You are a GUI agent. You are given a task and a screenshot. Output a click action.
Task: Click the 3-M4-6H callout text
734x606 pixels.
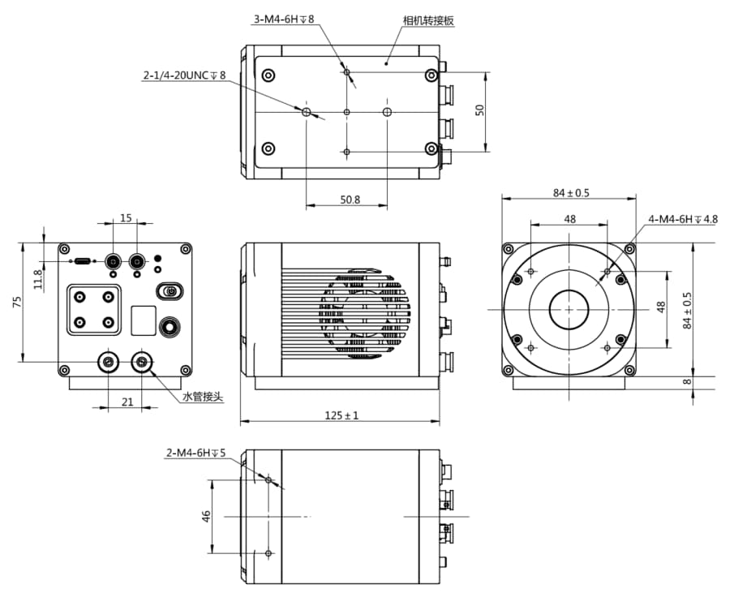[284, 19]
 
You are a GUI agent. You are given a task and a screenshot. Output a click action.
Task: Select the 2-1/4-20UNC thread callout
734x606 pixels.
[184, 75]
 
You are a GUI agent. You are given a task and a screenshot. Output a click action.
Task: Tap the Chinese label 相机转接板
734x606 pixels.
[428, 20]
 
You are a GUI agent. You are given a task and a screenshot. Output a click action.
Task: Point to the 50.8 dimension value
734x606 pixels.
[350, 200]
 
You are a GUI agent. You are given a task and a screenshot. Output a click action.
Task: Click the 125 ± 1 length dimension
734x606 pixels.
[341, 415]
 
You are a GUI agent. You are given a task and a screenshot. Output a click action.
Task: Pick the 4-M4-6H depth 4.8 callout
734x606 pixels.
[683, 219]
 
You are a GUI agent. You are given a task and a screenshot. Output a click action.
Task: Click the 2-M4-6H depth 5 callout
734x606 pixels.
[195, 453]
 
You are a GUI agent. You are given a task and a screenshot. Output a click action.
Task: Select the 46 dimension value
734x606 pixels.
[206, 516]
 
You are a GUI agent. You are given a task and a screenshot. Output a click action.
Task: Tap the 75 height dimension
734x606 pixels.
[17, 302]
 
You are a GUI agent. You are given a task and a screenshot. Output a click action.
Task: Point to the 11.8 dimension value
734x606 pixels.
[38, 278]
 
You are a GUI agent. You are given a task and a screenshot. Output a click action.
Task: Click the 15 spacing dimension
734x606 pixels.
[126, 217]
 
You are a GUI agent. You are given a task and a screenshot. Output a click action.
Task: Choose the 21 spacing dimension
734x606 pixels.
[127, 402]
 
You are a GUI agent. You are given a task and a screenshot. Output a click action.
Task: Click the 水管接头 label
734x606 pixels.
[203, 398]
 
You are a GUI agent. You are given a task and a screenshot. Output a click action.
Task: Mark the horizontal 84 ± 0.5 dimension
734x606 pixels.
[571, 193]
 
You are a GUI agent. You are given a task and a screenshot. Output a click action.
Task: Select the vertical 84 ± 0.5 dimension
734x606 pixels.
[687, 311]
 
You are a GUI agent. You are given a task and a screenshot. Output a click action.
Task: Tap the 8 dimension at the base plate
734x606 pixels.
[687, 381]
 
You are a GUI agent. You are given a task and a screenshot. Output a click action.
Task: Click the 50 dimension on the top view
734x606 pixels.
[480, 110]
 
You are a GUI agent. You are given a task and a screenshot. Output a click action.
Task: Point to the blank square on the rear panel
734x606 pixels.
[144, 320]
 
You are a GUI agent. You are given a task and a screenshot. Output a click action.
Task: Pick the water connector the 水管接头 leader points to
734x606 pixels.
[142, 362]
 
